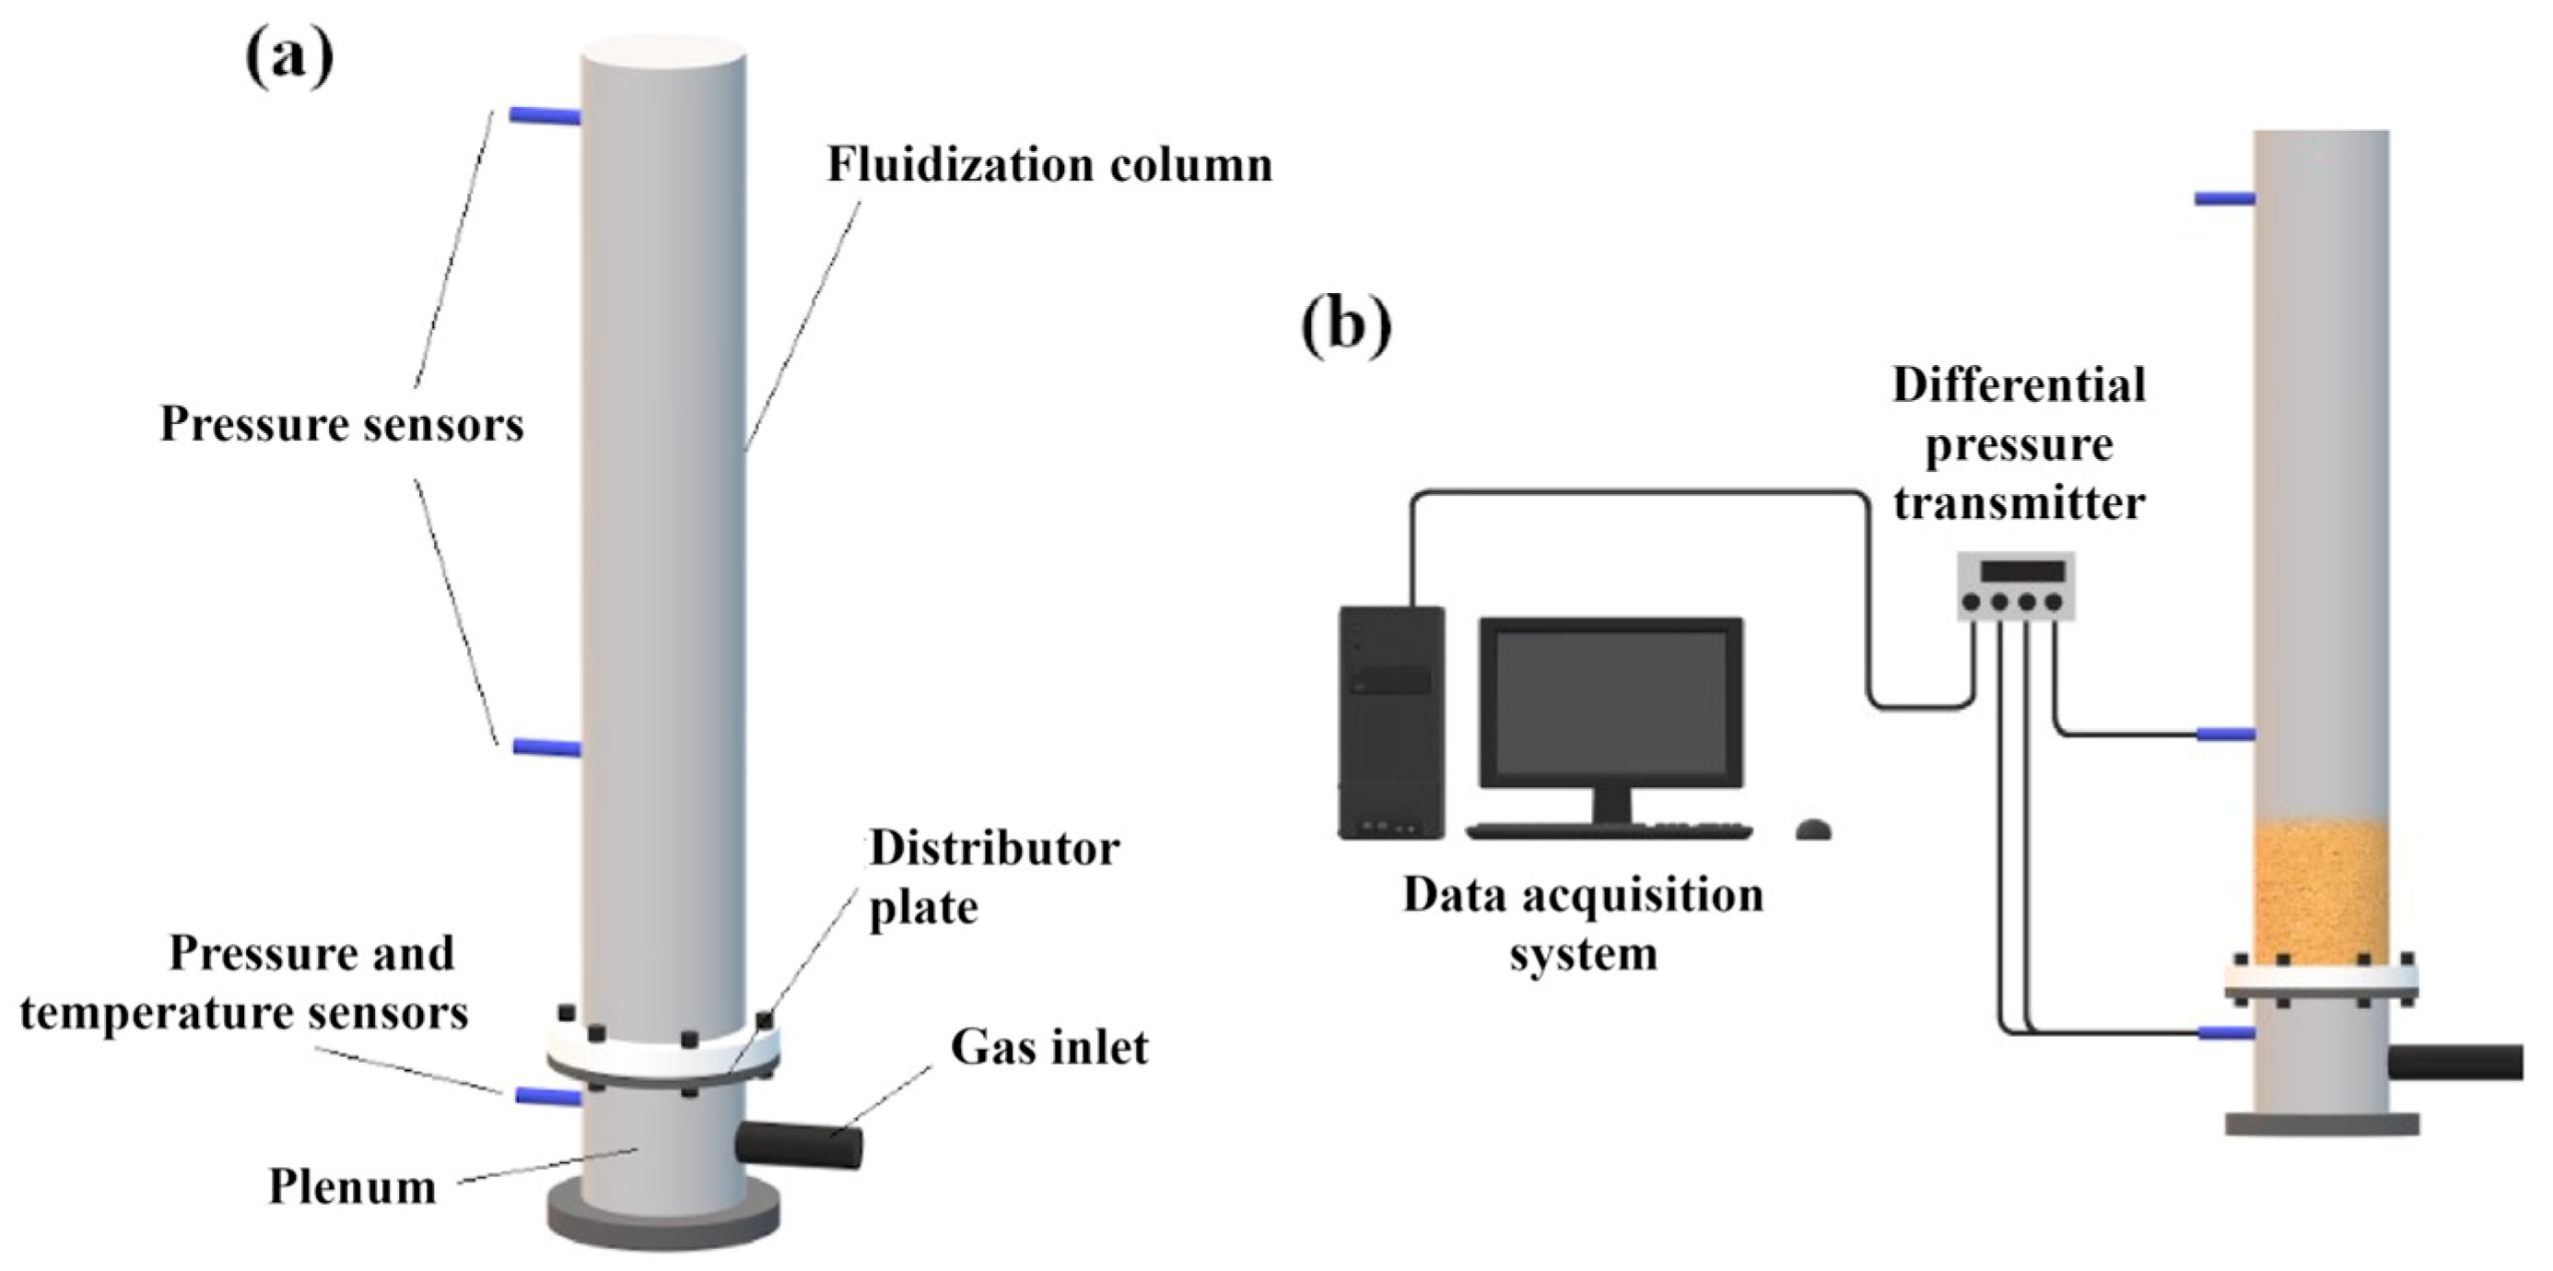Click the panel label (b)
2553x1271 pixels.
(1345, 324)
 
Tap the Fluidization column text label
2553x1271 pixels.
(1049, 166)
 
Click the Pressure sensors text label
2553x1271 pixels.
(342, 425)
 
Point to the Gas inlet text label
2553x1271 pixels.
(1048, 1048)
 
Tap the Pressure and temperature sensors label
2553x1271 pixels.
(245, 983)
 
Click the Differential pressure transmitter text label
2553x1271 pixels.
(2018, 444)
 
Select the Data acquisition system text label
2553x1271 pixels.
(1583, 924)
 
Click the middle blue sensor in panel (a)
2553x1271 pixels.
(546, 747)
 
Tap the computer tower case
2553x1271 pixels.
(1391, 723)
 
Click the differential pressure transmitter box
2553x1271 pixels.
(2015, 587)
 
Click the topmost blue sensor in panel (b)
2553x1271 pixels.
(2224, 199)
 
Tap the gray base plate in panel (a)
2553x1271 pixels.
(663, 1230)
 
